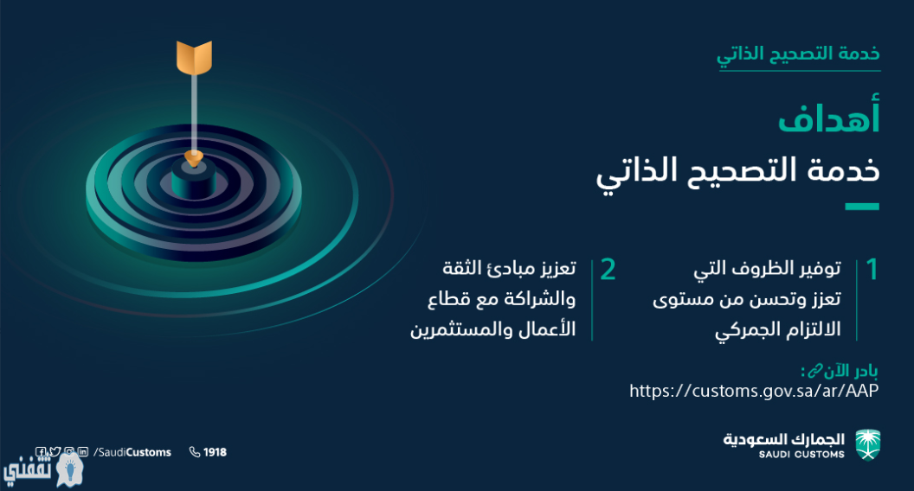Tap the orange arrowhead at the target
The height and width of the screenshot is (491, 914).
(x=194, y=157)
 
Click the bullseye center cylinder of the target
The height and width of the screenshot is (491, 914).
(x=194, y=178)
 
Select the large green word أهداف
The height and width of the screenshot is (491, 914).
(x=828, y=117)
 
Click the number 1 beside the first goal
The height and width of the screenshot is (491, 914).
(x=872, y=270)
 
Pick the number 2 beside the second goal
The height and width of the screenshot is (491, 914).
(x=608, y=270)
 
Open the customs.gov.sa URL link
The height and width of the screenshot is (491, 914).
(x=754, y=390)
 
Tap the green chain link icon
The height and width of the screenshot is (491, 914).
(x=814, y=371)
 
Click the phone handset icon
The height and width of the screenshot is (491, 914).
(x=195, y=452)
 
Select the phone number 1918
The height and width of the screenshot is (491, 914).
(x=216, y=452)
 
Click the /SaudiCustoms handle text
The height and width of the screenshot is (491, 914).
(x=132, y=452)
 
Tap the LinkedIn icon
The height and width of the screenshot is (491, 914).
(x=83, y=451)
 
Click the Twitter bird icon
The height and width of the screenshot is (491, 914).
(x=55, y=451)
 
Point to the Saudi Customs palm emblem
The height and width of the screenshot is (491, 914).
(x=867, y=445)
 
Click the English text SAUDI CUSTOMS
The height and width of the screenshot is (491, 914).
(x=801, y=455)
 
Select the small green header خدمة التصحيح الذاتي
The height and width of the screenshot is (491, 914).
(x=799, y=55)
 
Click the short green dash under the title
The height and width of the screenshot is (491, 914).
(x=862, y=207)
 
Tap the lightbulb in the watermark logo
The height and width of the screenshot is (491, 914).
(x=70, y=468)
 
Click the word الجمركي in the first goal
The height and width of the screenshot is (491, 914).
(x=749, y=329)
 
